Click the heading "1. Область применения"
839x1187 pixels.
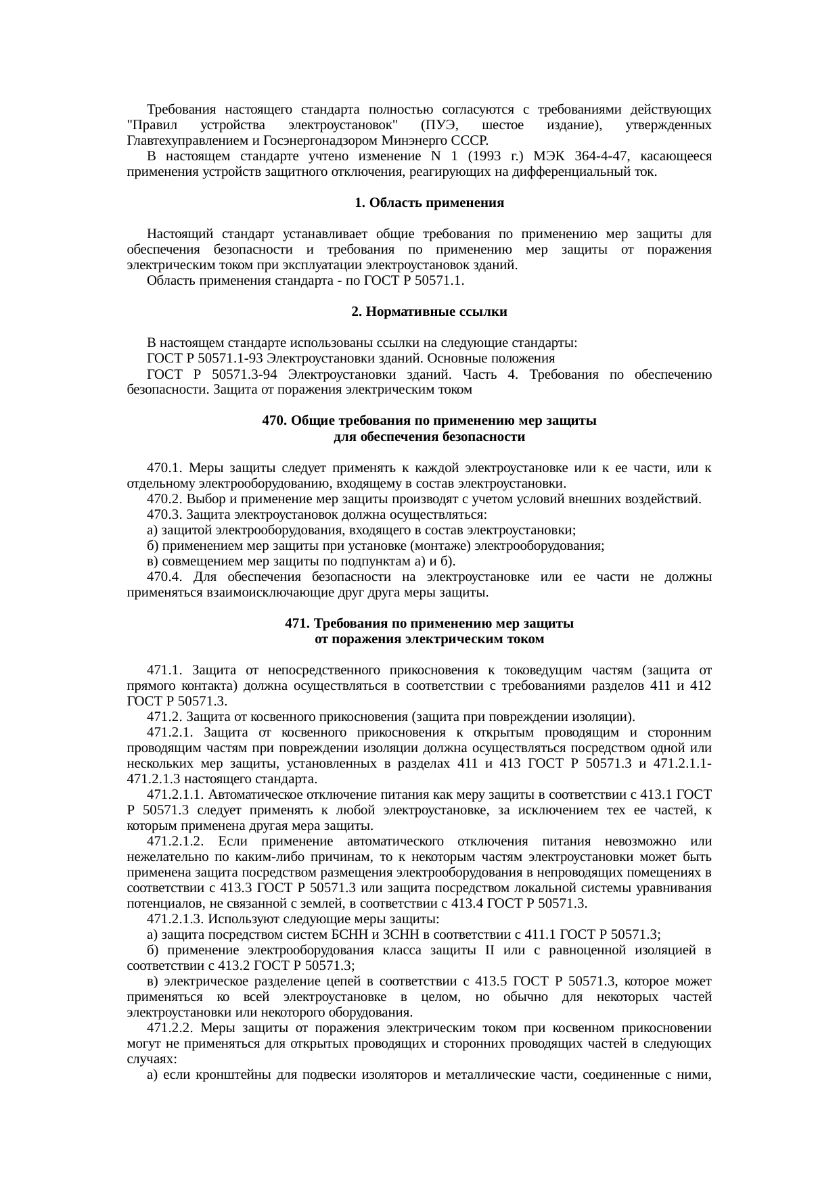pyautogui.click(x=429, y=203)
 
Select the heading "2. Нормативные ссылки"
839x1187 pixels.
pyautogui.click(x=429, y=312)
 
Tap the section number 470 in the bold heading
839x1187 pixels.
pyautogui.click(x=274, y=421)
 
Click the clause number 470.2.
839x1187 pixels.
pyautogui.click(x=164, y=500)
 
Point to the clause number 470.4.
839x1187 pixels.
pyautogui.click(x=164, y=578)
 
